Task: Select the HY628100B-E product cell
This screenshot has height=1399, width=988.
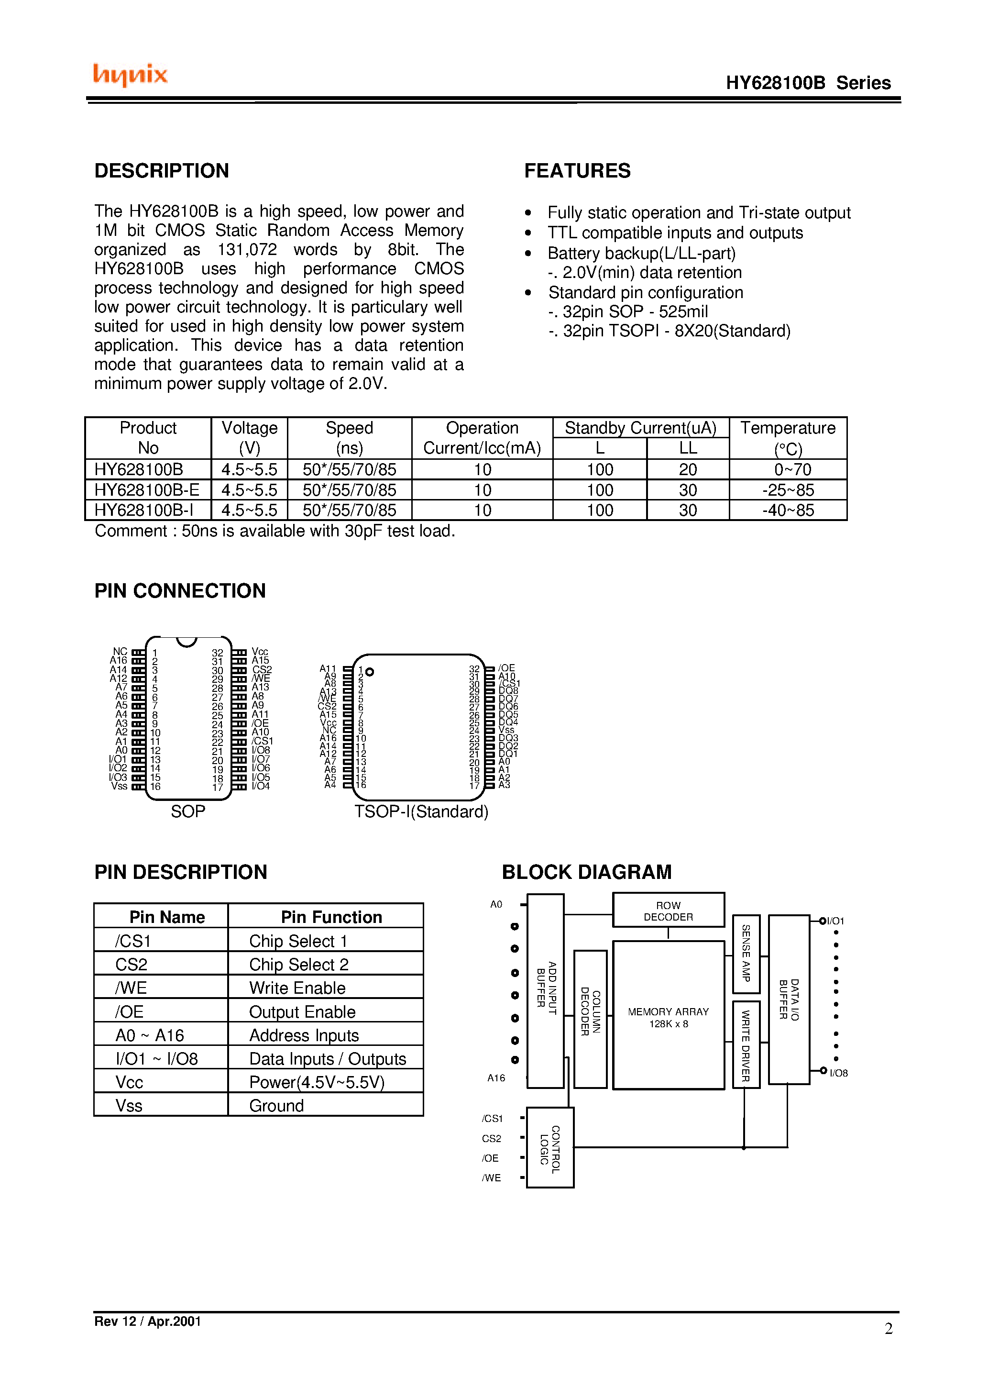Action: tap(147, 490)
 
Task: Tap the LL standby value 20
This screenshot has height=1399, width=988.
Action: tap(688, 469)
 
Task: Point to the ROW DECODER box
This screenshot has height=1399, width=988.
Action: tap(668, 911)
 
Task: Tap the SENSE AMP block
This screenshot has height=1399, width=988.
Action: tap(746, 954)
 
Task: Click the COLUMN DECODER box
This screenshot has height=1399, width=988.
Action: tap(590, 1019)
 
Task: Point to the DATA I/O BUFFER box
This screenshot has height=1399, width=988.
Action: tap(789, 999)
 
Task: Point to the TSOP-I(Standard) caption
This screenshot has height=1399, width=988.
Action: tap(421, 811)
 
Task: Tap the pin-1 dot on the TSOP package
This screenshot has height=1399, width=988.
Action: tap(369, 672)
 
